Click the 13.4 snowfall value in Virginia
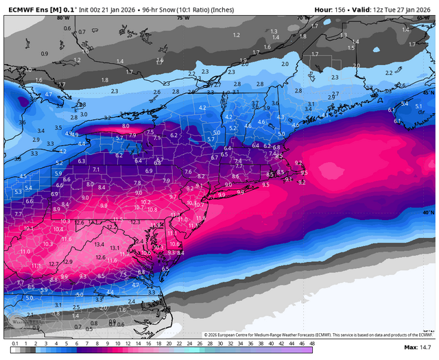[x=99, y=244]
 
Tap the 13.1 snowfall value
[x=115, y=248]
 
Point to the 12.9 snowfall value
[x=68, y=262]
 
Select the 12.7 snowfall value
[x=54, y=264]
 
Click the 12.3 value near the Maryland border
[x=135, y=221]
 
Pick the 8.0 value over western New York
[x=126, y=126]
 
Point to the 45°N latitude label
[x=429, y=92]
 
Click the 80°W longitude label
[x=63, y=18]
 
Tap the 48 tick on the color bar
[x=312, y=343]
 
